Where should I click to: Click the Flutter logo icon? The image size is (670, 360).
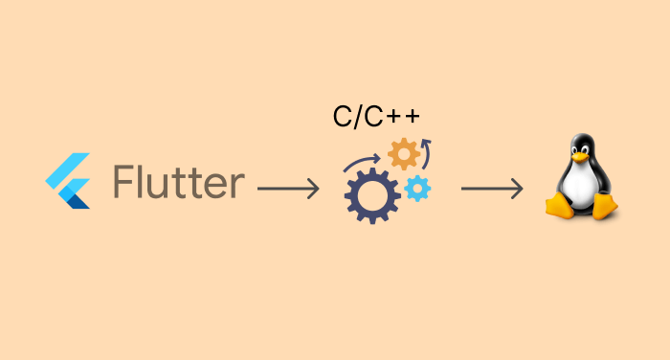tap(68, 181)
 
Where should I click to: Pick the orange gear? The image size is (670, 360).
tap(404, 153)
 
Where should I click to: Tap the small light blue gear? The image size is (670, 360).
tap(417, 189)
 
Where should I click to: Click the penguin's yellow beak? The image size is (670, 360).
tap(579, 158)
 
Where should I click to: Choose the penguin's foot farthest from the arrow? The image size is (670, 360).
tap(604, 206)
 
